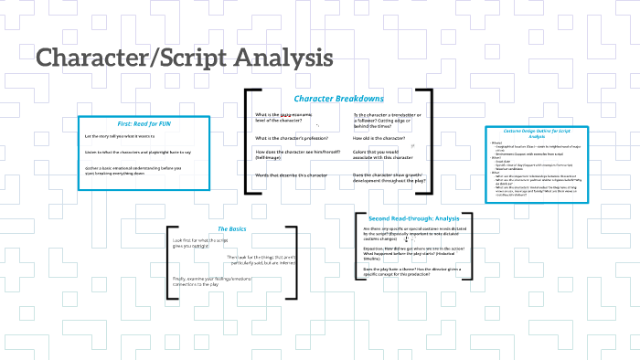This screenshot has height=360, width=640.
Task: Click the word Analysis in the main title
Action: [283, 58]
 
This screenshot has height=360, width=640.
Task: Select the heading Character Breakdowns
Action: [338, 99]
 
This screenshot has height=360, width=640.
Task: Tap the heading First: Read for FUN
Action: [144, 123]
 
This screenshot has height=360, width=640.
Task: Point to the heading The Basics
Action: [232, 228]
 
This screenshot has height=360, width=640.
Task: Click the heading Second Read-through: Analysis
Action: [413, 219]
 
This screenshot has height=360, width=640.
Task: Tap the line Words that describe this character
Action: [291, 175]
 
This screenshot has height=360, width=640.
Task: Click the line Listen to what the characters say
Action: [137, 152]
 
